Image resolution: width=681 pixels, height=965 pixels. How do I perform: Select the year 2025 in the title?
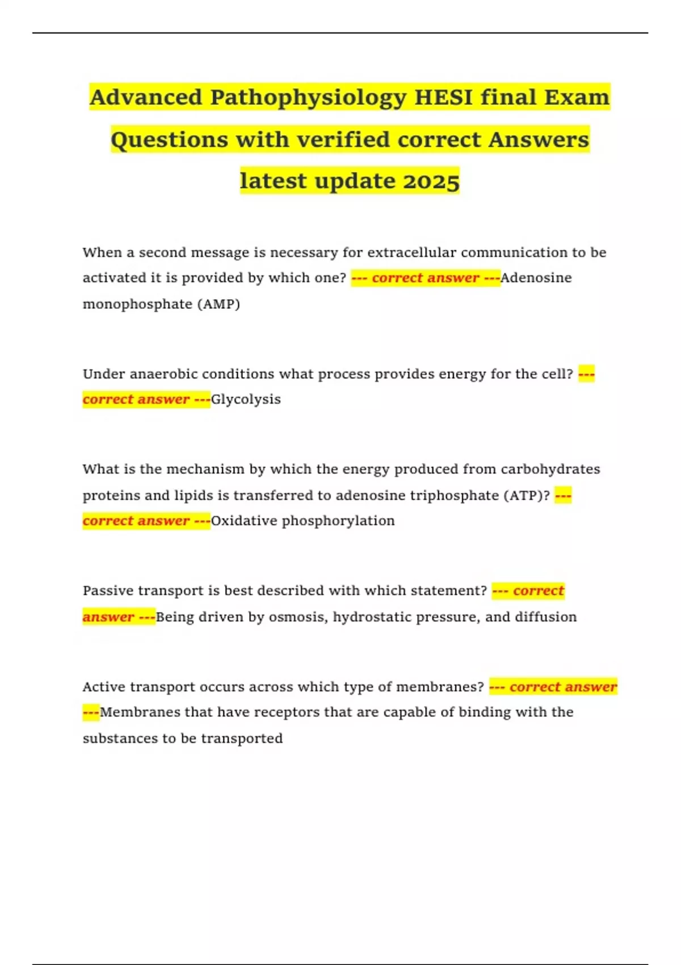pos(431,181)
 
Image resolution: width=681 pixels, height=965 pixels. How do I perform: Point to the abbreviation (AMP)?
pos(218,304)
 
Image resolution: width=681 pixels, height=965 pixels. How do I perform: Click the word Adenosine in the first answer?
pos(536,278)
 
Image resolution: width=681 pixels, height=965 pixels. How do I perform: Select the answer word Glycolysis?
pos(246,400)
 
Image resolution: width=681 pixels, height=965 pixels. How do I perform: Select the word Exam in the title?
pos(577,98)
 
